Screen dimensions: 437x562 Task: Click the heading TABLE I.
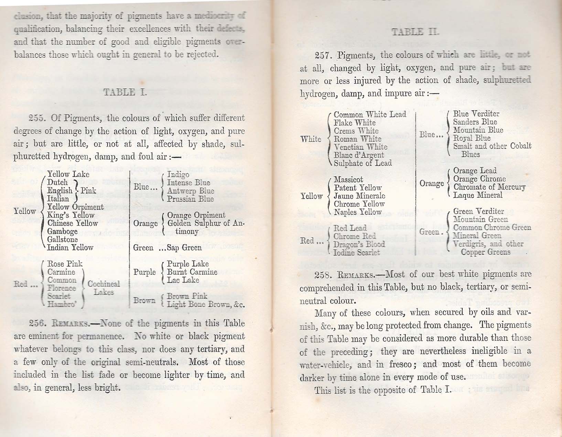[125, 92]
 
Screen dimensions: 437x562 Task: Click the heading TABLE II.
[415, 32]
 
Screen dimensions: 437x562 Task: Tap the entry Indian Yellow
[70, 248]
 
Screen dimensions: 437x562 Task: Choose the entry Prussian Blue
[190, 199]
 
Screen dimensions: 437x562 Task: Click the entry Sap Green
[184, 248]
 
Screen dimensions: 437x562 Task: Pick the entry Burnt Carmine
[192, 272]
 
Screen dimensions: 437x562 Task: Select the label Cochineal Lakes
[104, 288]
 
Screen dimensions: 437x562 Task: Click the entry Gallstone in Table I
[62, 239]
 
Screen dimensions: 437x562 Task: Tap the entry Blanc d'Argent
[359, 155]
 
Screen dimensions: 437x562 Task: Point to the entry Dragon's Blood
[359, 244]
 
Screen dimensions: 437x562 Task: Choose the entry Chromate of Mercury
[489, 187]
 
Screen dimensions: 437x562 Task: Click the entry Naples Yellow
[357, 212]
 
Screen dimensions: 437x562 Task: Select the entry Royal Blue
[472, 138]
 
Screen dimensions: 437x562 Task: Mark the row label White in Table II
[311, 139]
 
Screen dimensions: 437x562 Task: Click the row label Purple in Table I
[144, 272]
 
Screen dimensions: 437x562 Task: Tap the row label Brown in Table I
[144, 301]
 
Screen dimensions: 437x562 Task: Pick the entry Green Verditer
[478, 211]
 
